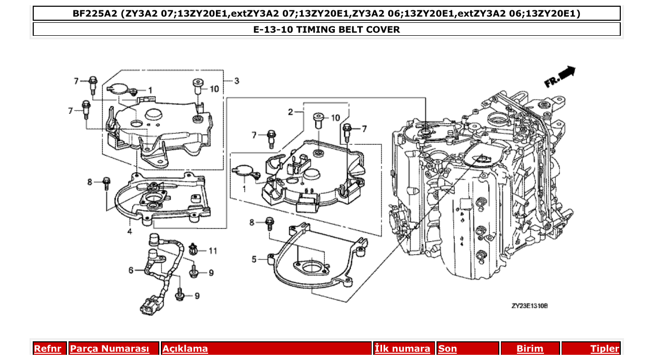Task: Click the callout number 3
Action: pos(237,81)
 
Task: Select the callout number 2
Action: pos(291,112)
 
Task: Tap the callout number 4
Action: pos(129,231)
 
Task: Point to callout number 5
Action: pos(254,259)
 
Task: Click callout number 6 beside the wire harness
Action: pos(131,270)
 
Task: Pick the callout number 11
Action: pos(213,251)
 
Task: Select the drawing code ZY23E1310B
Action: pos(529,306)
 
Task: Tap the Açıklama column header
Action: pos(185,349)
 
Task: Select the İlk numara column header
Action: pos(402,349)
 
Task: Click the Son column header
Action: pos(447,349)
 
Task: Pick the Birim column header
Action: pos(529,349)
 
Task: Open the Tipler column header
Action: pos(604,349)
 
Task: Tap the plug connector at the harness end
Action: pos(149,306)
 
